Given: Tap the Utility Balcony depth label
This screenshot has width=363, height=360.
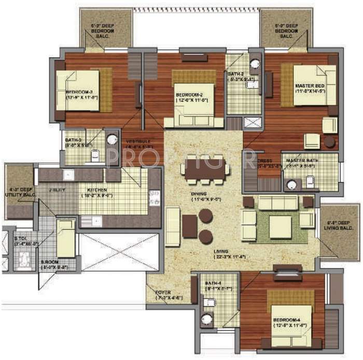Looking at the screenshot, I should point(20,192).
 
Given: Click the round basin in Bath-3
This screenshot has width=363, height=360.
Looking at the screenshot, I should point(111,140).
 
